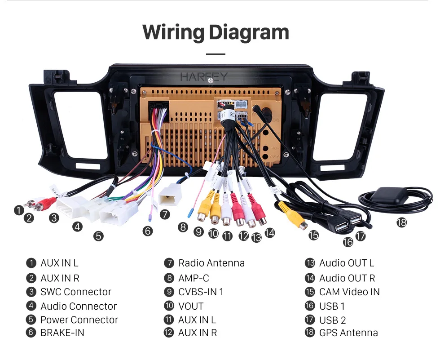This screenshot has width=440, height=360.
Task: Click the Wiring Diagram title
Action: [216, 32]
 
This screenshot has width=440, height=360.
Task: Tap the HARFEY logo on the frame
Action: [204, 76]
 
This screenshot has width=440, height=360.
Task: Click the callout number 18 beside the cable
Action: [401, 222]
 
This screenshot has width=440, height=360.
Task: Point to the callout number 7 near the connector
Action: [165, 214]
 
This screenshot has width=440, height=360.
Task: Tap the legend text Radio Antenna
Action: [211, 263]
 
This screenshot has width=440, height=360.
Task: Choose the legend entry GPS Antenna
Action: [348, 333]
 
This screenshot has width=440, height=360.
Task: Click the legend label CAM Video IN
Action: [349, 292]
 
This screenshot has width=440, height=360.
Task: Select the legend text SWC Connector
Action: [76, 292]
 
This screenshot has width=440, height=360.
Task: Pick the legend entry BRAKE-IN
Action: [62, 333]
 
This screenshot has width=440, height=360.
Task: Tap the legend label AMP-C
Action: [194, 278]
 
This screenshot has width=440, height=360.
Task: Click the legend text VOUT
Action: [191, 306]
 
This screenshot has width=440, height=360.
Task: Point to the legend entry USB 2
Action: [333, 320]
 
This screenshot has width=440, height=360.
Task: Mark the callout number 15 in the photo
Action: [313, 235]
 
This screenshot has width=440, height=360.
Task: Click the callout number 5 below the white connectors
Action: [98, 236]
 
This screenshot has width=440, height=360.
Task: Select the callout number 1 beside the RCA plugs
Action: [19, 210]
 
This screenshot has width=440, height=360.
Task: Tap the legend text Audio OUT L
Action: [347, 263]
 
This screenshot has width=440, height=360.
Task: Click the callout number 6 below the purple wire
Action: [148, 231]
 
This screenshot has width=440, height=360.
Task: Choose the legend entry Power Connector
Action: [79, 320]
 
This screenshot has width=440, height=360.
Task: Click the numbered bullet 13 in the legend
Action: [310, 263]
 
